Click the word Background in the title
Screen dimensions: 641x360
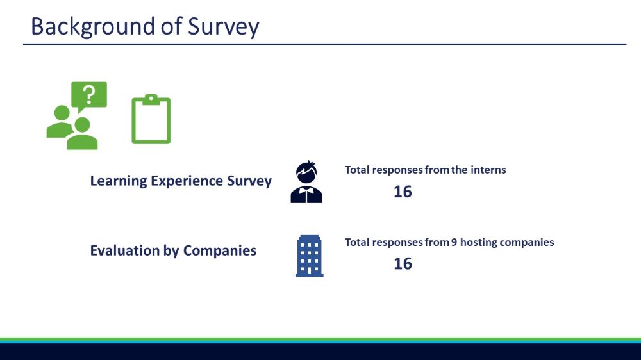[93, 27]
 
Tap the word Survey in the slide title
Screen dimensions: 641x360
[223, 27]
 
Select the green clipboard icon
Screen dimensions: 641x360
[151, 119]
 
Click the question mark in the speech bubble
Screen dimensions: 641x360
[88, 94]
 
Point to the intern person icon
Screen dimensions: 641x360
[306, 182]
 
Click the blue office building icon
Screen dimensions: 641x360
[310, 256]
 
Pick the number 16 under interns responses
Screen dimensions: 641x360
[403, 192]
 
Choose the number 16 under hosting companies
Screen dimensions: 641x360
[403, 263]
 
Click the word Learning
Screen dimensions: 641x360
[119, 181]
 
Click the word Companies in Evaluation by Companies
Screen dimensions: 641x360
[219, 250]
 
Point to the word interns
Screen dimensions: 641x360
[488, 170]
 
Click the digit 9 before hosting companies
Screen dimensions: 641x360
[454, 242]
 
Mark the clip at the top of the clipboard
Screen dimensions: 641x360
[151, 99]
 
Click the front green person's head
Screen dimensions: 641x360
[82, 125]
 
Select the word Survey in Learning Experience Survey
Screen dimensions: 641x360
[249, 181]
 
